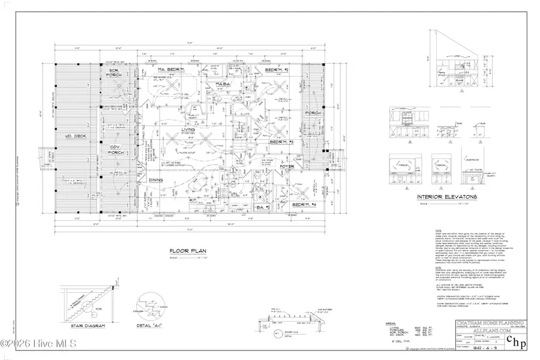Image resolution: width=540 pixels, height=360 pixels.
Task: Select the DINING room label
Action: [x=156, y=179]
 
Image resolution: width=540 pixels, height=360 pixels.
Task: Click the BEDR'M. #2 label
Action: [x=278, y=71]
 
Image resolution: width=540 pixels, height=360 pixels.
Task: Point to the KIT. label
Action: [x=194, y=199]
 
